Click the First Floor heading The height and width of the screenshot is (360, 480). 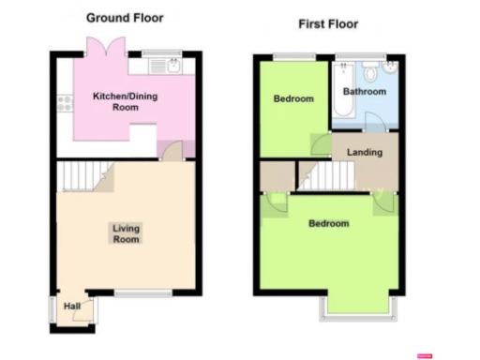(x=328, y=23)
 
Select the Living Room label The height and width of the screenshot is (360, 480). (x=126, y=233)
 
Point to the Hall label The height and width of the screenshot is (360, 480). (x=71, y=307)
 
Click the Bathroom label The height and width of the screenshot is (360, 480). (x=364, y=92)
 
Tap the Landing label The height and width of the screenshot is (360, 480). (x=364, y=152)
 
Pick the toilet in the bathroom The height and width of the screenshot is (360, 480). (x=389, y=72)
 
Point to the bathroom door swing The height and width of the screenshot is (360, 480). (x=373, y=121)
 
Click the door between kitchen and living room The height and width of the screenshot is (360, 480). (x=172, y=151)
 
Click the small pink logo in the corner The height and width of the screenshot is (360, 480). (x=424, y=355)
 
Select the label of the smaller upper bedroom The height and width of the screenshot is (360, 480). (x=293, y=98)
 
